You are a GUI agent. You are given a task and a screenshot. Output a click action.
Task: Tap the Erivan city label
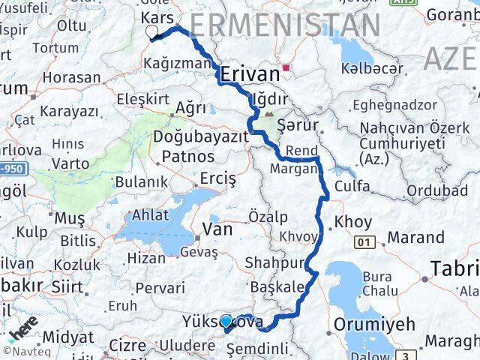click(x=250, y=73)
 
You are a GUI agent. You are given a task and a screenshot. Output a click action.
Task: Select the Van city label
click(x=217, y=230)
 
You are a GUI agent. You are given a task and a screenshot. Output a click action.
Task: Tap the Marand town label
click(x=416, y=238)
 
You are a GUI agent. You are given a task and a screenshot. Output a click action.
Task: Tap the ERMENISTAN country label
click(x=284, y=25)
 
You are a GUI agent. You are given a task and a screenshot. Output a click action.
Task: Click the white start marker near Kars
click(x=152, y=32)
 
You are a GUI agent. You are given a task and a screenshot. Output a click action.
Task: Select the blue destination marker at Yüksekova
click(x=226, y=322)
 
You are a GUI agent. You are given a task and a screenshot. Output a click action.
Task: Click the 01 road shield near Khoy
click(x=365, y=241)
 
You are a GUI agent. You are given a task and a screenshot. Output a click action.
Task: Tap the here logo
click(x=22, y=329)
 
